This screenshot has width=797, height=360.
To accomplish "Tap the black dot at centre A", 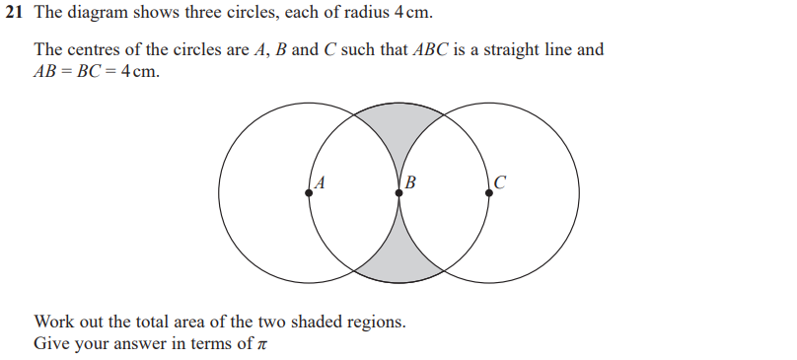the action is pyautogui.click(x=310, y=192).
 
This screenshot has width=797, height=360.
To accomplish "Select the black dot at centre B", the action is pyautogui.click(x=399, y=192).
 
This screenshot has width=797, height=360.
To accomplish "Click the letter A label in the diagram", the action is pyautogui.click(x=321, y=181).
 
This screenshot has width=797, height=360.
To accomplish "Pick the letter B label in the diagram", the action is pyautogui.click(x=410, y=181).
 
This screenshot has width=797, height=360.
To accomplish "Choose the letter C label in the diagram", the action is pyautogui.click(x=500, y=181).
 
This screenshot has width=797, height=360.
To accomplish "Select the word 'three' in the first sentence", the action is pyautogui.click(x=202, y=17).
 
